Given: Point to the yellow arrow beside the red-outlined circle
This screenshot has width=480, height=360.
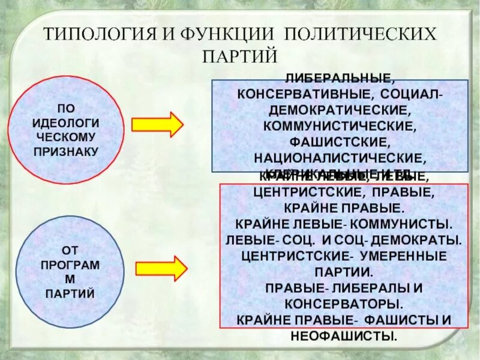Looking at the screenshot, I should point(157,124).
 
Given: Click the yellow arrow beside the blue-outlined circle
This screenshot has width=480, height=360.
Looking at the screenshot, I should point(160,268).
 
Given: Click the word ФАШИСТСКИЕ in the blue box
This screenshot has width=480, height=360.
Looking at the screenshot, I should point(340,143).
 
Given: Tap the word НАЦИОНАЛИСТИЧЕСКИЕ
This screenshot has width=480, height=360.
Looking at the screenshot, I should point(340,158).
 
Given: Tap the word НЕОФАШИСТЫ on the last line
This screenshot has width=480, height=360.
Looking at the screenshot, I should point(344,335).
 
